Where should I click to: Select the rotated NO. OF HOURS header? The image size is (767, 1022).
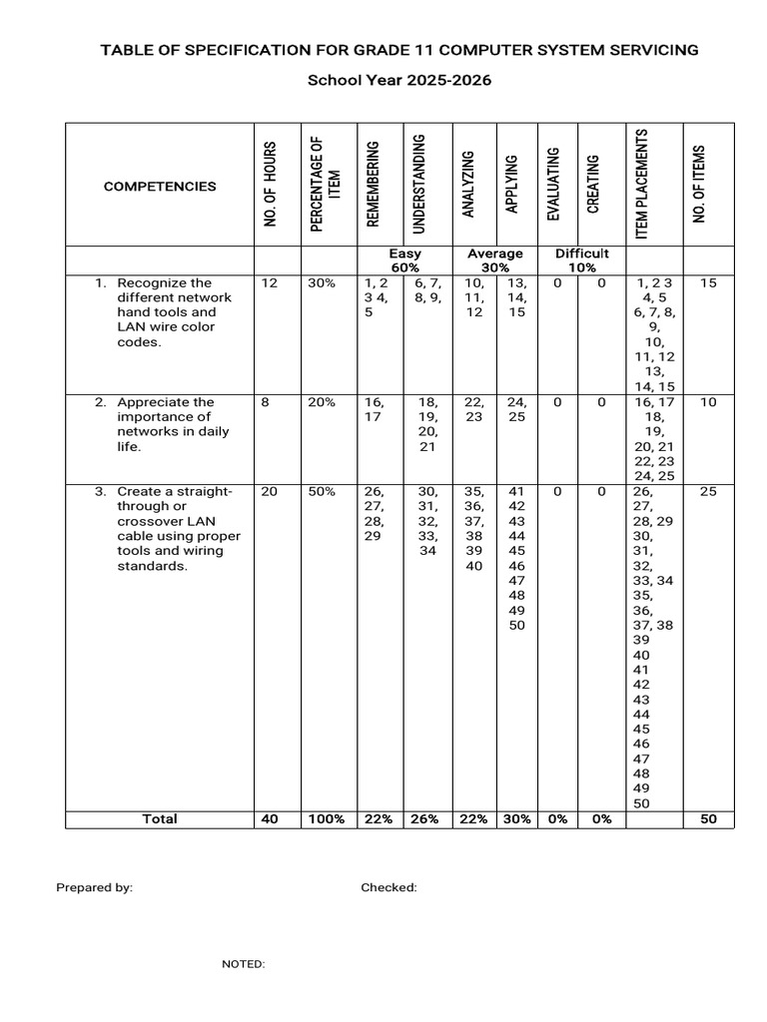(x=270, y=186)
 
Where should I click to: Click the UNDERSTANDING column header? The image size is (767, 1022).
(x=419, y=184)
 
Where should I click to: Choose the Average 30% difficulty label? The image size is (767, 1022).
(x=494, y=260)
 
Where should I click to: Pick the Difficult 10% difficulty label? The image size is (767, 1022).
(x=581, y=260)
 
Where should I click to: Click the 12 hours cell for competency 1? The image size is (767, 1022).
(x=270, y=283)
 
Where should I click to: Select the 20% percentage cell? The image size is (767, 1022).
(x=322, y=402)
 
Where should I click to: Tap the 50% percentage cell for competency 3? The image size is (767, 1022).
(x=322, y=491)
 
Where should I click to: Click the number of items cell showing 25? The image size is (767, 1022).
(x=708, y=491)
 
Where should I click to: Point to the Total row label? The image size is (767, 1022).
(x=160, y=819)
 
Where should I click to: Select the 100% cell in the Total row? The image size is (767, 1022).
(x=326, y=819)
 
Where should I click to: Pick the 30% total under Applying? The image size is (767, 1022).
(x=515, y=819)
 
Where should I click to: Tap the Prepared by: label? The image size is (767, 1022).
(x=94, y=887)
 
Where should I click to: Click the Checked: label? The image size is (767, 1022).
(x=388, y=887)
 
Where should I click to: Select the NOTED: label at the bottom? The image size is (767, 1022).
(x=243, y=964)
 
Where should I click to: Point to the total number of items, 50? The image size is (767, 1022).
(x=708, y=819)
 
